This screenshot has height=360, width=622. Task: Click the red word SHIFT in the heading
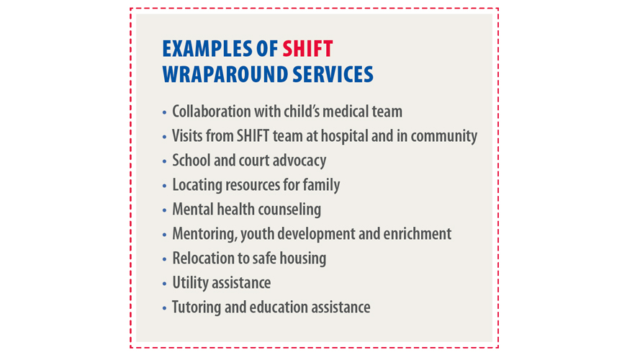click(307, 49)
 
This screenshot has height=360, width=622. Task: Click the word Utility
click(190, 283)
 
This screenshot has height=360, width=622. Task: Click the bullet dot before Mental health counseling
click(164, 211)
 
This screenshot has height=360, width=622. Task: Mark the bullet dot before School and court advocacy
click(164, 162)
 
